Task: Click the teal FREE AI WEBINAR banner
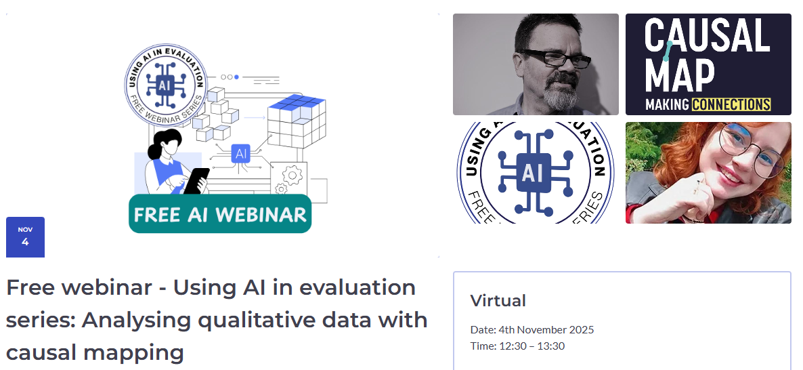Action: [x=220, y=214]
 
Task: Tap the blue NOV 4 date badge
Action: [x=25, y=237]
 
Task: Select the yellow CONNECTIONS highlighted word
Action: [x=732, y=105]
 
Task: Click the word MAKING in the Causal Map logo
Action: [x=668, y=105]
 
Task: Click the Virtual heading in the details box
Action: [x=498, y=300]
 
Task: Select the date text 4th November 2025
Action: [x=546, y=330]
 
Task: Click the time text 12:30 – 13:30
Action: [x=532, y=346]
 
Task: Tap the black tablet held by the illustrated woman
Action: [x=198, y=180]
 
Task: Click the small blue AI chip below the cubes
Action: [x=241, y=154]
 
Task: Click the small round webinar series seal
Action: [x=164, y=85]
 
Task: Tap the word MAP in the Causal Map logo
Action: [x=680, y=75]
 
